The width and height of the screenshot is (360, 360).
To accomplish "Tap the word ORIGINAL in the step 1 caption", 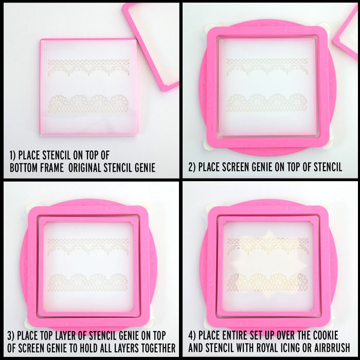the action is (85, 168).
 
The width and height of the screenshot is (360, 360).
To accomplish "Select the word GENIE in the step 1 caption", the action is (145, 168).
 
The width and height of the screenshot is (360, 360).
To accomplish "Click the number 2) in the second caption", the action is (192, 167).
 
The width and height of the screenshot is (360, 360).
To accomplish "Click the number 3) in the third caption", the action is (11, 336).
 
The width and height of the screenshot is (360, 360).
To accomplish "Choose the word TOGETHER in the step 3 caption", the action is (158, 348).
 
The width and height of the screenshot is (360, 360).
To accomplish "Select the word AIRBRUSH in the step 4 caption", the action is (332, 348).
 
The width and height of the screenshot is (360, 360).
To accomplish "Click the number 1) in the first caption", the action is (13, 155).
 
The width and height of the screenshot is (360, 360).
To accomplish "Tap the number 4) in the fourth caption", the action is (192, 335).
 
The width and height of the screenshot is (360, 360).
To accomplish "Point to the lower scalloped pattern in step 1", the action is (88, 103).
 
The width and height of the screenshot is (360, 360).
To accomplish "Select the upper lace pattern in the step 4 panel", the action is (268, 246).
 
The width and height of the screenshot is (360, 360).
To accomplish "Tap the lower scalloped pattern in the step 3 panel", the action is (88, 282).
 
